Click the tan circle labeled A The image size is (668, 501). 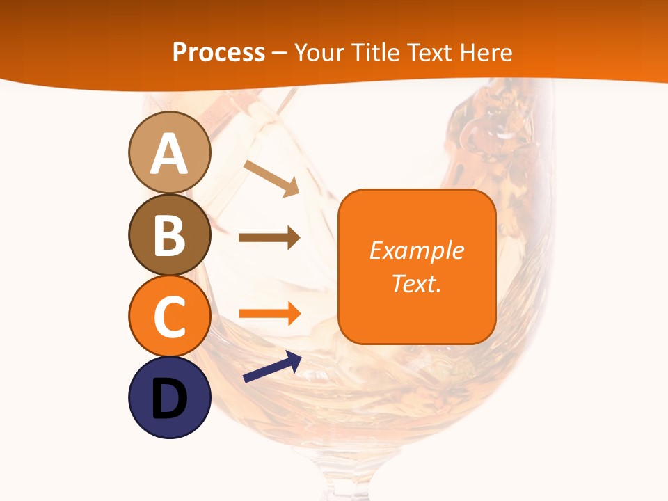coord(169,152)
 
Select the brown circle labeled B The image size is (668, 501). coord(169,234)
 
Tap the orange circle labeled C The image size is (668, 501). coord(169,316)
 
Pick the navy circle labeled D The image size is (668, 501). coord(169,397)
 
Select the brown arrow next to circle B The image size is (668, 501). coord(269,238)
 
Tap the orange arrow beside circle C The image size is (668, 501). coord(269,314)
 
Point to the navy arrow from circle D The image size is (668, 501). coord(272,367)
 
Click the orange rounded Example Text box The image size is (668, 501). coord(417,267)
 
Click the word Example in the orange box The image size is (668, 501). coord(417,250)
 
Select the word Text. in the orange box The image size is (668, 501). coord(417,283)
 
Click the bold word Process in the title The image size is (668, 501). coord(218,53)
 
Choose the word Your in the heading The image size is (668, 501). coord(319,53)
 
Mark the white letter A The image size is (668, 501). coord(169,154)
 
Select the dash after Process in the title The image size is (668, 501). coord(280,54)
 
